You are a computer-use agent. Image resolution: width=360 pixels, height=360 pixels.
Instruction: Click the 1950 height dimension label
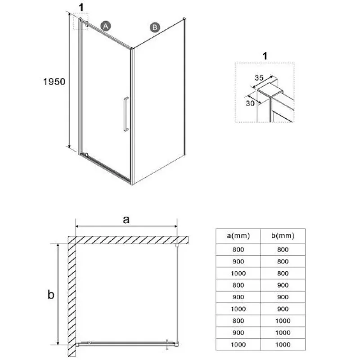tap(54, 82)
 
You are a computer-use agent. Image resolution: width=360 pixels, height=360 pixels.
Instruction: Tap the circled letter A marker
tap(106, 26)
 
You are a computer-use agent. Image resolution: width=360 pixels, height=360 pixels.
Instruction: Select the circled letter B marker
tap(155, 27)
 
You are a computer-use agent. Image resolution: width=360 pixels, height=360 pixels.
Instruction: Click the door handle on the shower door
tap(126, 114)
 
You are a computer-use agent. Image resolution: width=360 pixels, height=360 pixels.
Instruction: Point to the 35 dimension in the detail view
tap(259, 78)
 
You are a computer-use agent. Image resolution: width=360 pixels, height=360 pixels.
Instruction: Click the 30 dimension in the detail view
tap(250, 103)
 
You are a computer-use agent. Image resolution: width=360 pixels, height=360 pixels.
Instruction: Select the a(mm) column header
tap(238, 236)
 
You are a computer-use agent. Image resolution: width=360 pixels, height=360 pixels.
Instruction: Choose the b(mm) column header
tap(283, 236)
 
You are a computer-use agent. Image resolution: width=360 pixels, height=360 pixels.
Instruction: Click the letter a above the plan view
tap(126, 220)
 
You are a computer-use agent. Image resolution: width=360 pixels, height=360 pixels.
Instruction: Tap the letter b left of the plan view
tap(51, 294)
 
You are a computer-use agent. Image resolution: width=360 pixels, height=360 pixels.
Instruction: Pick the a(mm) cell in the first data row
tap(238, 250)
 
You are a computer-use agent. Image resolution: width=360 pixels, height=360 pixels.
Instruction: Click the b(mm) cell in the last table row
tap(283, 345)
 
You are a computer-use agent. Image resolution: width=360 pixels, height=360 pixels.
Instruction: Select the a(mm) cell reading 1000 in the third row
tap(238, 274)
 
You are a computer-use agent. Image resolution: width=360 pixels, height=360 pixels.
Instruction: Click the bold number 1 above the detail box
tap(265, 56)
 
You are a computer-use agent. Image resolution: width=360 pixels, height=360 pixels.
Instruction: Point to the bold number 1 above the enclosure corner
tap(81, 8)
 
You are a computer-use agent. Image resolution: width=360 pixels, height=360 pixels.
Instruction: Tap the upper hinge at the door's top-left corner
tap(86, 24)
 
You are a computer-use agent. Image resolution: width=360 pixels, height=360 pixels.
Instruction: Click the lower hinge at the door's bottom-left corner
tap(86, 155)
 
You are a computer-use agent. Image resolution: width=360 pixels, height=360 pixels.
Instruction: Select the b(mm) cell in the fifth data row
tap(283, 297)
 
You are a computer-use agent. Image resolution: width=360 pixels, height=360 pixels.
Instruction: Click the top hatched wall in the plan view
tap(128, 240)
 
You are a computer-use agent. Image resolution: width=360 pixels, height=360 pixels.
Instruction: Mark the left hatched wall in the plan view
tap(72, 297)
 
